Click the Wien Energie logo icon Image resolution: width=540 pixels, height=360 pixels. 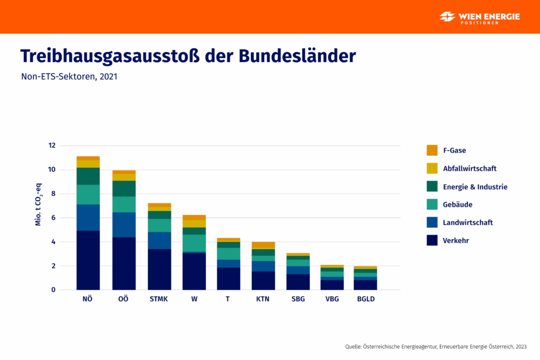448,17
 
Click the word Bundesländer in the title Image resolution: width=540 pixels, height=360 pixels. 298,56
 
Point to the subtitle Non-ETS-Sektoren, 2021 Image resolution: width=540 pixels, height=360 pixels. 69,77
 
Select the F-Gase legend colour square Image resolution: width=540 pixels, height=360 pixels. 432,150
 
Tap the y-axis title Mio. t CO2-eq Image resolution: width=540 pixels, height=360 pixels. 39,208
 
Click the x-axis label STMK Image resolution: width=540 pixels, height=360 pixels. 159,299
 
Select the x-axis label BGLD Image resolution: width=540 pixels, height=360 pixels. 366,299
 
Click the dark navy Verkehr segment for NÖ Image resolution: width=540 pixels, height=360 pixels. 88,260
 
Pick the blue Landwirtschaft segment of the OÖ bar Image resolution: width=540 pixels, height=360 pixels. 124,224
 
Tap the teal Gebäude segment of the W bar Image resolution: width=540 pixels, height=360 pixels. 194,243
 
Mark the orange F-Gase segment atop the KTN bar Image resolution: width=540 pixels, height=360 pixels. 263,245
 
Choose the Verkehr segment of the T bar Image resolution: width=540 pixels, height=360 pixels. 228,278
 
